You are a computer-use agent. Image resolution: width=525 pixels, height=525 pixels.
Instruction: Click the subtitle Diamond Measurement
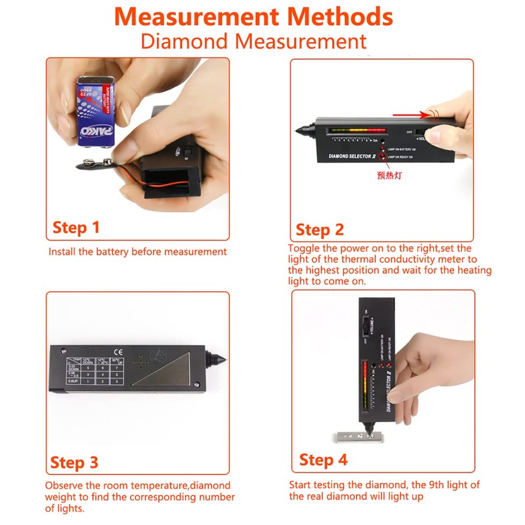[x=253, y=41]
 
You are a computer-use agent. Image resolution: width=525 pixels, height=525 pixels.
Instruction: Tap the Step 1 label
[x=75, y=228]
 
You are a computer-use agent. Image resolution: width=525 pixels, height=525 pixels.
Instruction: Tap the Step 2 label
[x=320, y=230]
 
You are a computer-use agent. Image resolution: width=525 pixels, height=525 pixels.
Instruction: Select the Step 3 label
[x=74, y=462]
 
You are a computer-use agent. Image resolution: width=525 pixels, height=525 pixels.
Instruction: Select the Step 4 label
[x=323, y=459]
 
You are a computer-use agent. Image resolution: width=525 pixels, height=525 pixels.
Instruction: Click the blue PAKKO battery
[x=96, y=112]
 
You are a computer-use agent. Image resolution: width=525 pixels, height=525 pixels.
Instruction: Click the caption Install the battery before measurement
[x=138, y=251]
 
